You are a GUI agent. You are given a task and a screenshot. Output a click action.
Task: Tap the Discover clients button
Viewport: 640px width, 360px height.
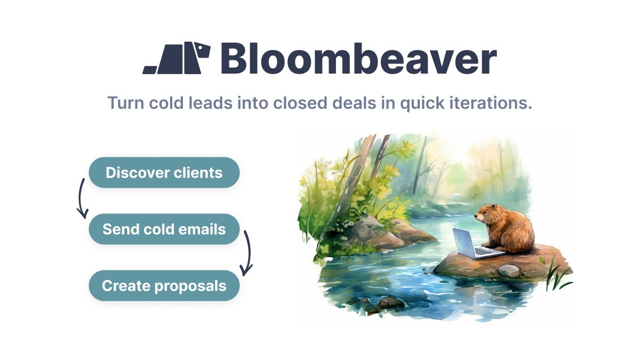pyautogui.click(x=164, y=172)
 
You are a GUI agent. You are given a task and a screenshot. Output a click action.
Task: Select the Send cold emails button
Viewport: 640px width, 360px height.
pyautogui.click(x=164, y=229)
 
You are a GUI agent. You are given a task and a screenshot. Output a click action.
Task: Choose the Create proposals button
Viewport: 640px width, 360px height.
pyautogui.click(x=164, y=285)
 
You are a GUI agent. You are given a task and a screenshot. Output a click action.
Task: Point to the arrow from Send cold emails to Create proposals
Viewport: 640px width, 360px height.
pyautogui.click(x=247, y=254)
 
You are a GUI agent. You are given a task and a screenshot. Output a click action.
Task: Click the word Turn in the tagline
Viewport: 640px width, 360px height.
pyautogui.click(x=125, y=102)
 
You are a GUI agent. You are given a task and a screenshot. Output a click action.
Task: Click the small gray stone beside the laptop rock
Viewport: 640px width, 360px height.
pyautogui.click(x=508, y=271)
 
